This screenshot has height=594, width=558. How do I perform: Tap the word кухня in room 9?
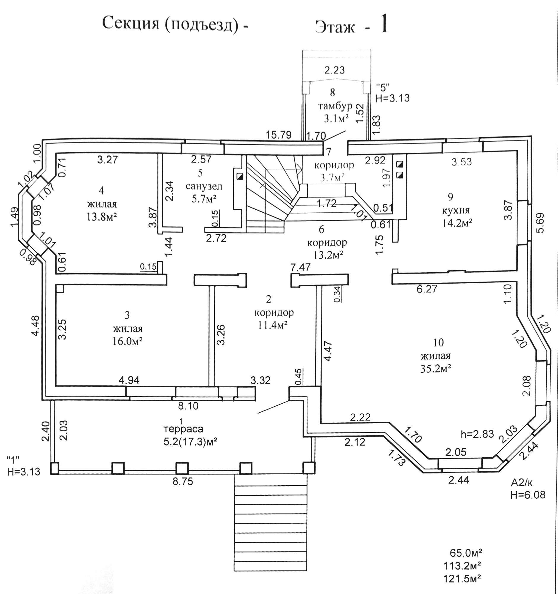pyautogui.click(x=456, y=210)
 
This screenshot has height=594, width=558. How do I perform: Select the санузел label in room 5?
pyautogui.click(x=204, y=187)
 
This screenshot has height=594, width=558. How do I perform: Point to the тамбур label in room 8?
pyautogui.click(x=336, y=106)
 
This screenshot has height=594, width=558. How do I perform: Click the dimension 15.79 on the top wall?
pyautogui.click(x=279, y=135)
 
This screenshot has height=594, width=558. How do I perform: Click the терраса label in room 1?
pyautogui.click(x=184, y=429)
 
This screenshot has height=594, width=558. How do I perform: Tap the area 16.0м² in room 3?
pyautogui.click(x=128, y=341)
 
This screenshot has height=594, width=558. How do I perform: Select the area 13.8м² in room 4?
pyautogui.click(x=101, y=217)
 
